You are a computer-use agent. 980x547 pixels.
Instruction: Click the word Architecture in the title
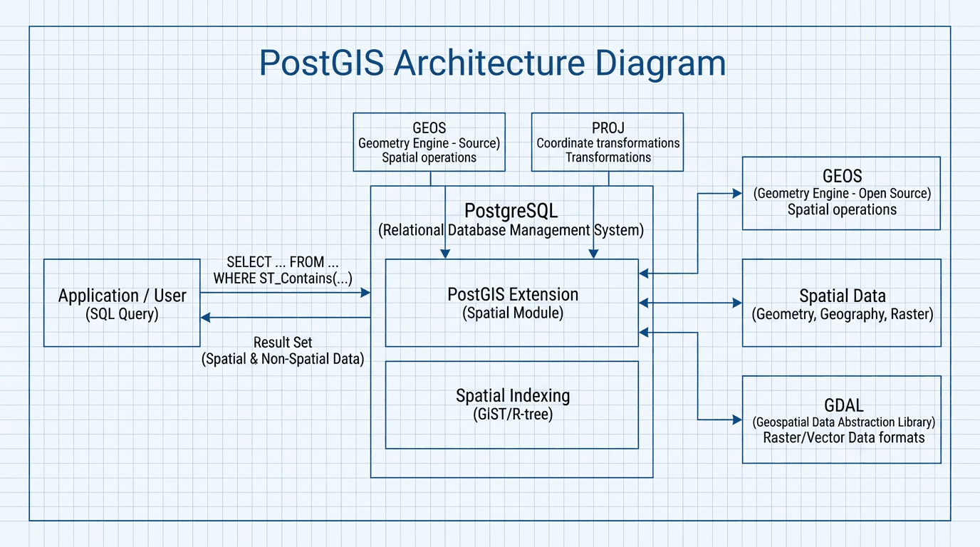pos(490,63)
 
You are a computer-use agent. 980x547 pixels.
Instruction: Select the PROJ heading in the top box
pos(608,128)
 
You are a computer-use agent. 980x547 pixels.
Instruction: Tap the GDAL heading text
pos(843,405)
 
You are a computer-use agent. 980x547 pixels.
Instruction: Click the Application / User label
pos(122,296)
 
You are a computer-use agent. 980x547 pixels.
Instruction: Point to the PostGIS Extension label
pos(512,294)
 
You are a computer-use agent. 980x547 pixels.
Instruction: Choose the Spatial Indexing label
pos(512,396)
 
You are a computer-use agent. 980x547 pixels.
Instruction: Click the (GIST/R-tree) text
pos(512,414)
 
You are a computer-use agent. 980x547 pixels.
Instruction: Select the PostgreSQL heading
pos(511,211)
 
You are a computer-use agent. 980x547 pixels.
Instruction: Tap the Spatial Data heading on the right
pos(842,296)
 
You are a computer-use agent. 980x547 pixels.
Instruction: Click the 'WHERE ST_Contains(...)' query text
pos(283,278)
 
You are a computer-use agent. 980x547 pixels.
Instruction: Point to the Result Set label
pos(283,343)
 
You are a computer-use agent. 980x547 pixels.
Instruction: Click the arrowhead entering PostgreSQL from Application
pos(366,293)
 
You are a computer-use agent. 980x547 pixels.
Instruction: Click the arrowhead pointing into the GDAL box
pos(737,420)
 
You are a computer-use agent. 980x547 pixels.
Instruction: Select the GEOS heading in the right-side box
pos(842,176)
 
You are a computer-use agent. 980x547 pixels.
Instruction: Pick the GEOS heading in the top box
pos(429,128)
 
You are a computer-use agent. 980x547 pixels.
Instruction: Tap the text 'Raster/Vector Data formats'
pos(843,437)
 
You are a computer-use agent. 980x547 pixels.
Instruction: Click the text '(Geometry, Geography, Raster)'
pos(842,314)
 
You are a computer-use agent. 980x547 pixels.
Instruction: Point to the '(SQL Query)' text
pos(122,314)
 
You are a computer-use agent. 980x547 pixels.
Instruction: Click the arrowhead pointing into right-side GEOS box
pos(737,193)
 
